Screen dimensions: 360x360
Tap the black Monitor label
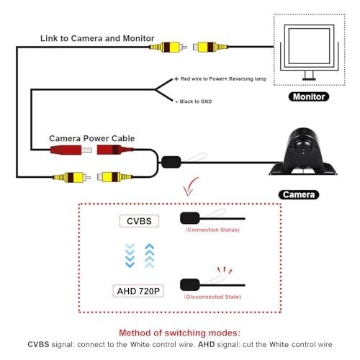308,96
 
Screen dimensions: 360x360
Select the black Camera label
298,194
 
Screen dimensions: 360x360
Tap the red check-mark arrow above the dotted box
191,189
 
